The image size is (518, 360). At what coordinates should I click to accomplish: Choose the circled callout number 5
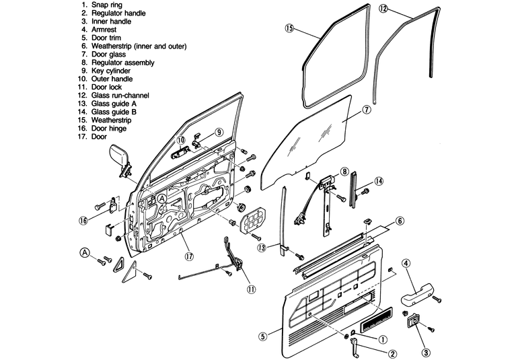tap(263, 335)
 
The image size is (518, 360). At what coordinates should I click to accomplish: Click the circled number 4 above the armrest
tap(407, 263)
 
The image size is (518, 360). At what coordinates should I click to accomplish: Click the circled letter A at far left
tap(85, 252)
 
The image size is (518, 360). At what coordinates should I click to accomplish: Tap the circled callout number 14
tap(379, 180)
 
